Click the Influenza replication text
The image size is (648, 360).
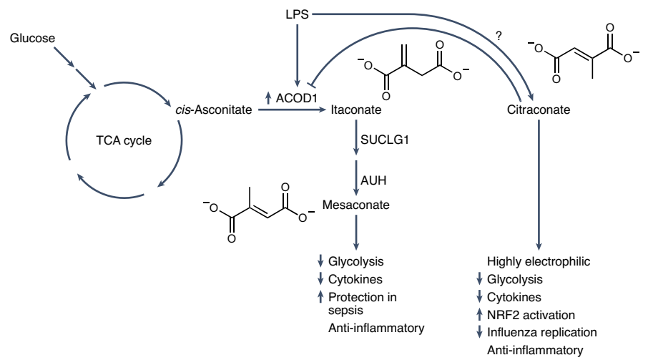[542, 332]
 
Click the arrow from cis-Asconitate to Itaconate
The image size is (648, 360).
[286, 111]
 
